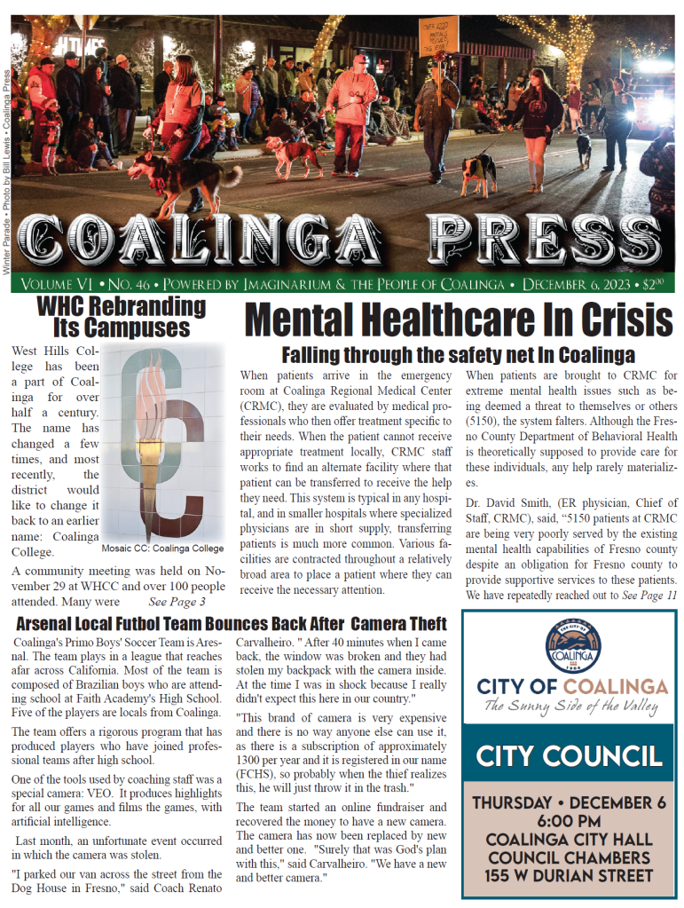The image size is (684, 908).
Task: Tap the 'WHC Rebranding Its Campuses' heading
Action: pos(121,317)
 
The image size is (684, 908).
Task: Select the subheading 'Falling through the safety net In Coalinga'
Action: pos(458,355)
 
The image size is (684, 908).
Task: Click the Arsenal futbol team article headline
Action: pos(231,623)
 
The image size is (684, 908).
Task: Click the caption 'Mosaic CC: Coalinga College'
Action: pos(162,549)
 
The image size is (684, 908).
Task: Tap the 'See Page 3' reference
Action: pos(177,602)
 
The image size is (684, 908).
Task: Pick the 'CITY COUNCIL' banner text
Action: pos(569,755)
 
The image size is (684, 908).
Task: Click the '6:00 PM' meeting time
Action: pos(570,822)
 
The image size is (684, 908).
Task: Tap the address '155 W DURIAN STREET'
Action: pos(570,876)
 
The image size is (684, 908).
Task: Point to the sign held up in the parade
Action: pos(437,35)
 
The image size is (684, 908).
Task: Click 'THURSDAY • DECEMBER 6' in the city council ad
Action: pos(570,802)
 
